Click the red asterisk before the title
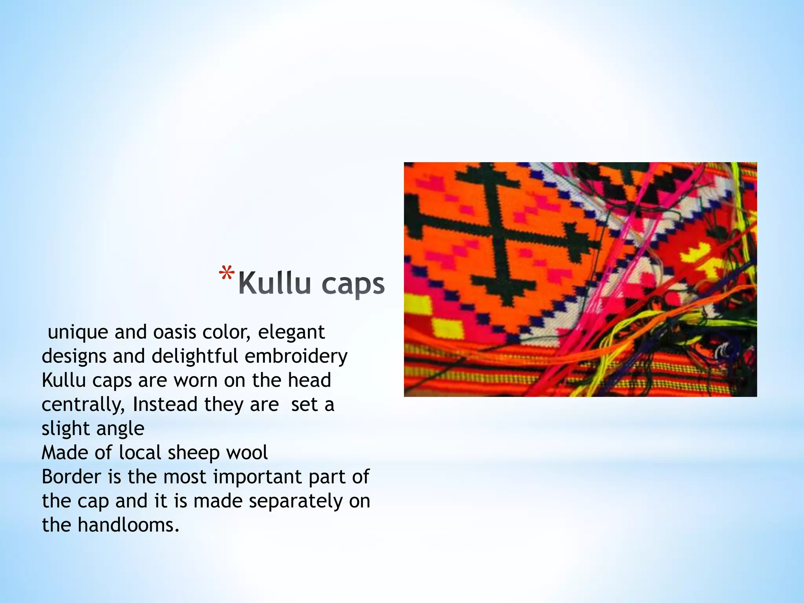click(227, 274)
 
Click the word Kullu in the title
click(274, 283)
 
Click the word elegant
click(291, 332)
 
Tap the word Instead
click(165, 404)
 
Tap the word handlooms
click(128, 525)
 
